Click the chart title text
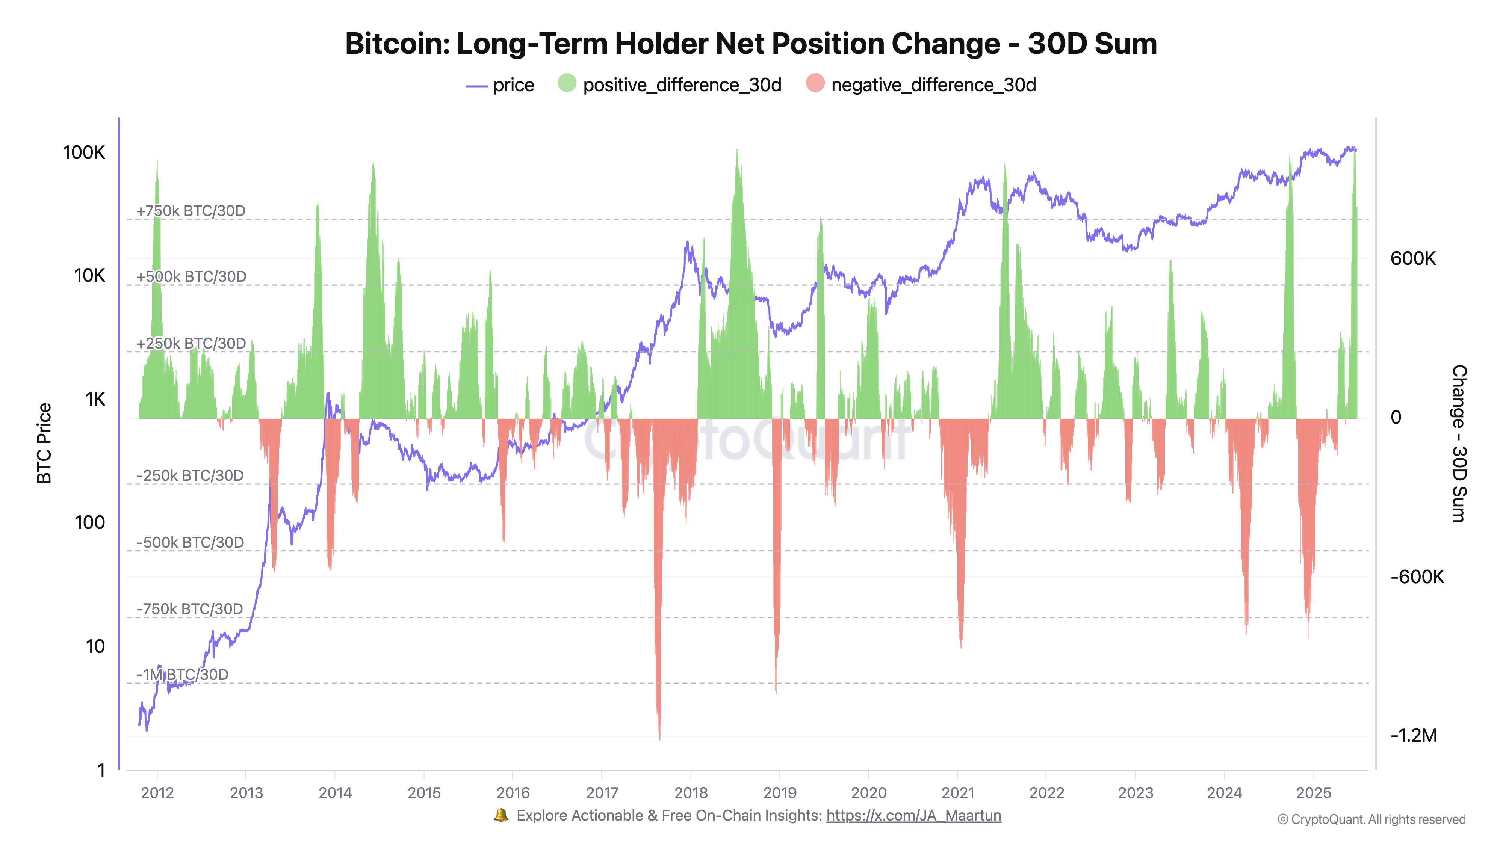click(x=751, y=44)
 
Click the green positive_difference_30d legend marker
click(x=567, y=83)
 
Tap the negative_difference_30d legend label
click(x=933, y=85)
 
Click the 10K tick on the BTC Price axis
click(x=89, y=275)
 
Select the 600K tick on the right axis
click(x=1412, y=258)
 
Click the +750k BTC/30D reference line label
click(x=191, y=211)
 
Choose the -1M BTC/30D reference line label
click(x=183, y=675)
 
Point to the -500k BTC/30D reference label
click(x=190, y=542)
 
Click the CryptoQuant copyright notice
click(x=1371, y=819)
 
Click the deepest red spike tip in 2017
click(x=660, y=738)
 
